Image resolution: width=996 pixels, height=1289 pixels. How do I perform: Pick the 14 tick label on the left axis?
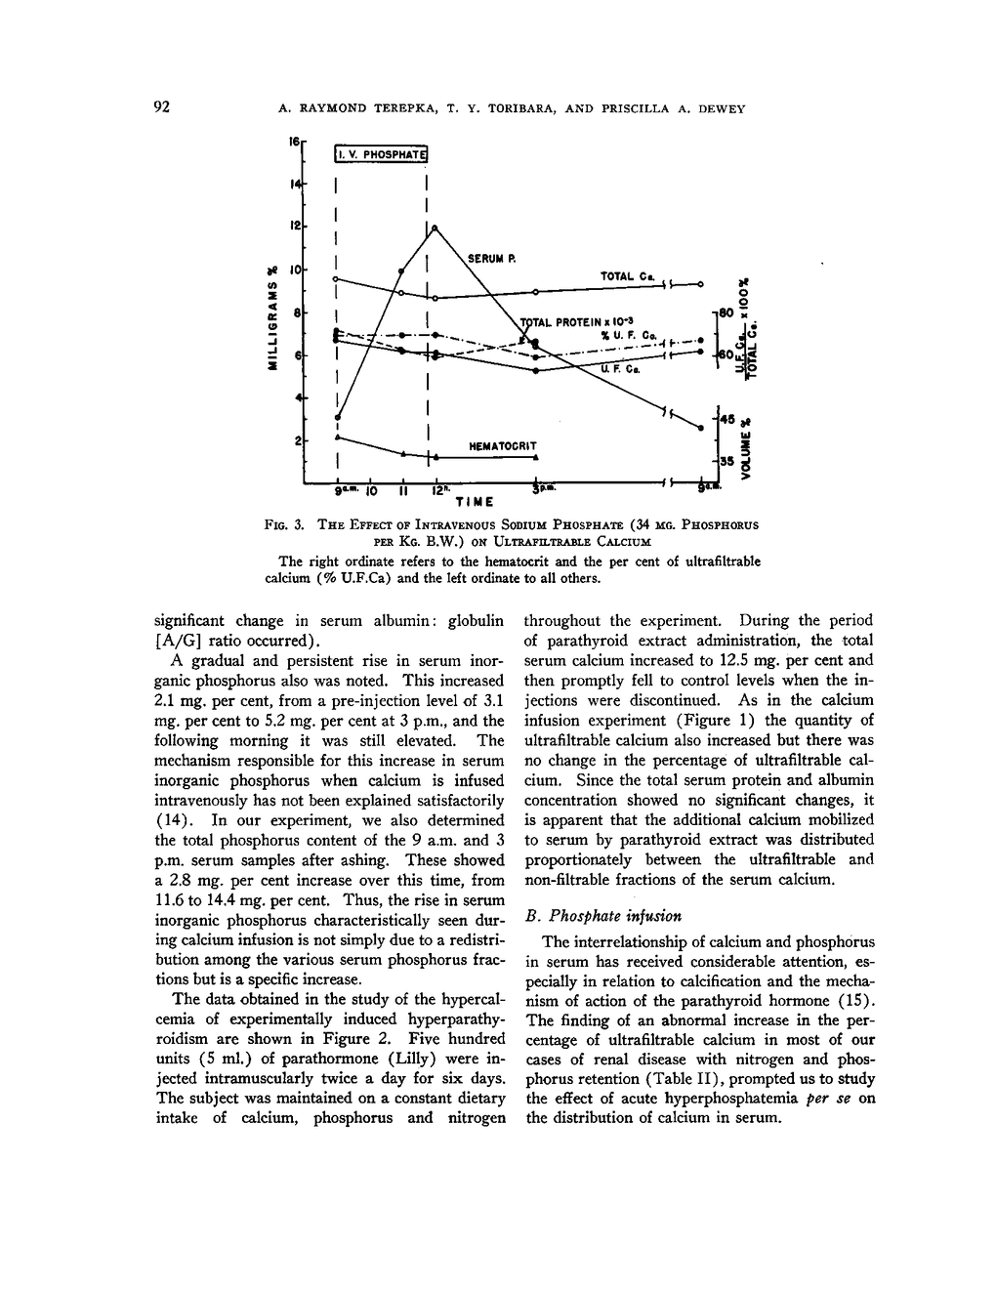pyautogui.click(x=293, y=184)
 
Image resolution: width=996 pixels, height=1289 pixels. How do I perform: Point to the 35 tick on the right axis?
pyautogui.click(x=726, y=459)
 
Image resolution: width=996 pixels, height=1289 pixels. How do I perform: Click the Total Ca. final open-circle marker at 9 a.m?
pyautogui.click(x=701, y=284)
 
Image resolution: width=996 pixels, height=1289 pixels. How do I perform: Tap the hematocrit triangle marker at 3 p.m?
pyautogui.click(x=536, y=456)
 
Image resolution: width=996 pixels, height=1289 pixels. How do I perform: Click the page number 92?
pyautogui.click(x=163, y=107)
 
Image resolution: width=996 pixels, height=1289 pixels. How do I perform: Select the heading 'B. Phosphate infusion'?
pyautogui.click(x=602, y=916)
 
